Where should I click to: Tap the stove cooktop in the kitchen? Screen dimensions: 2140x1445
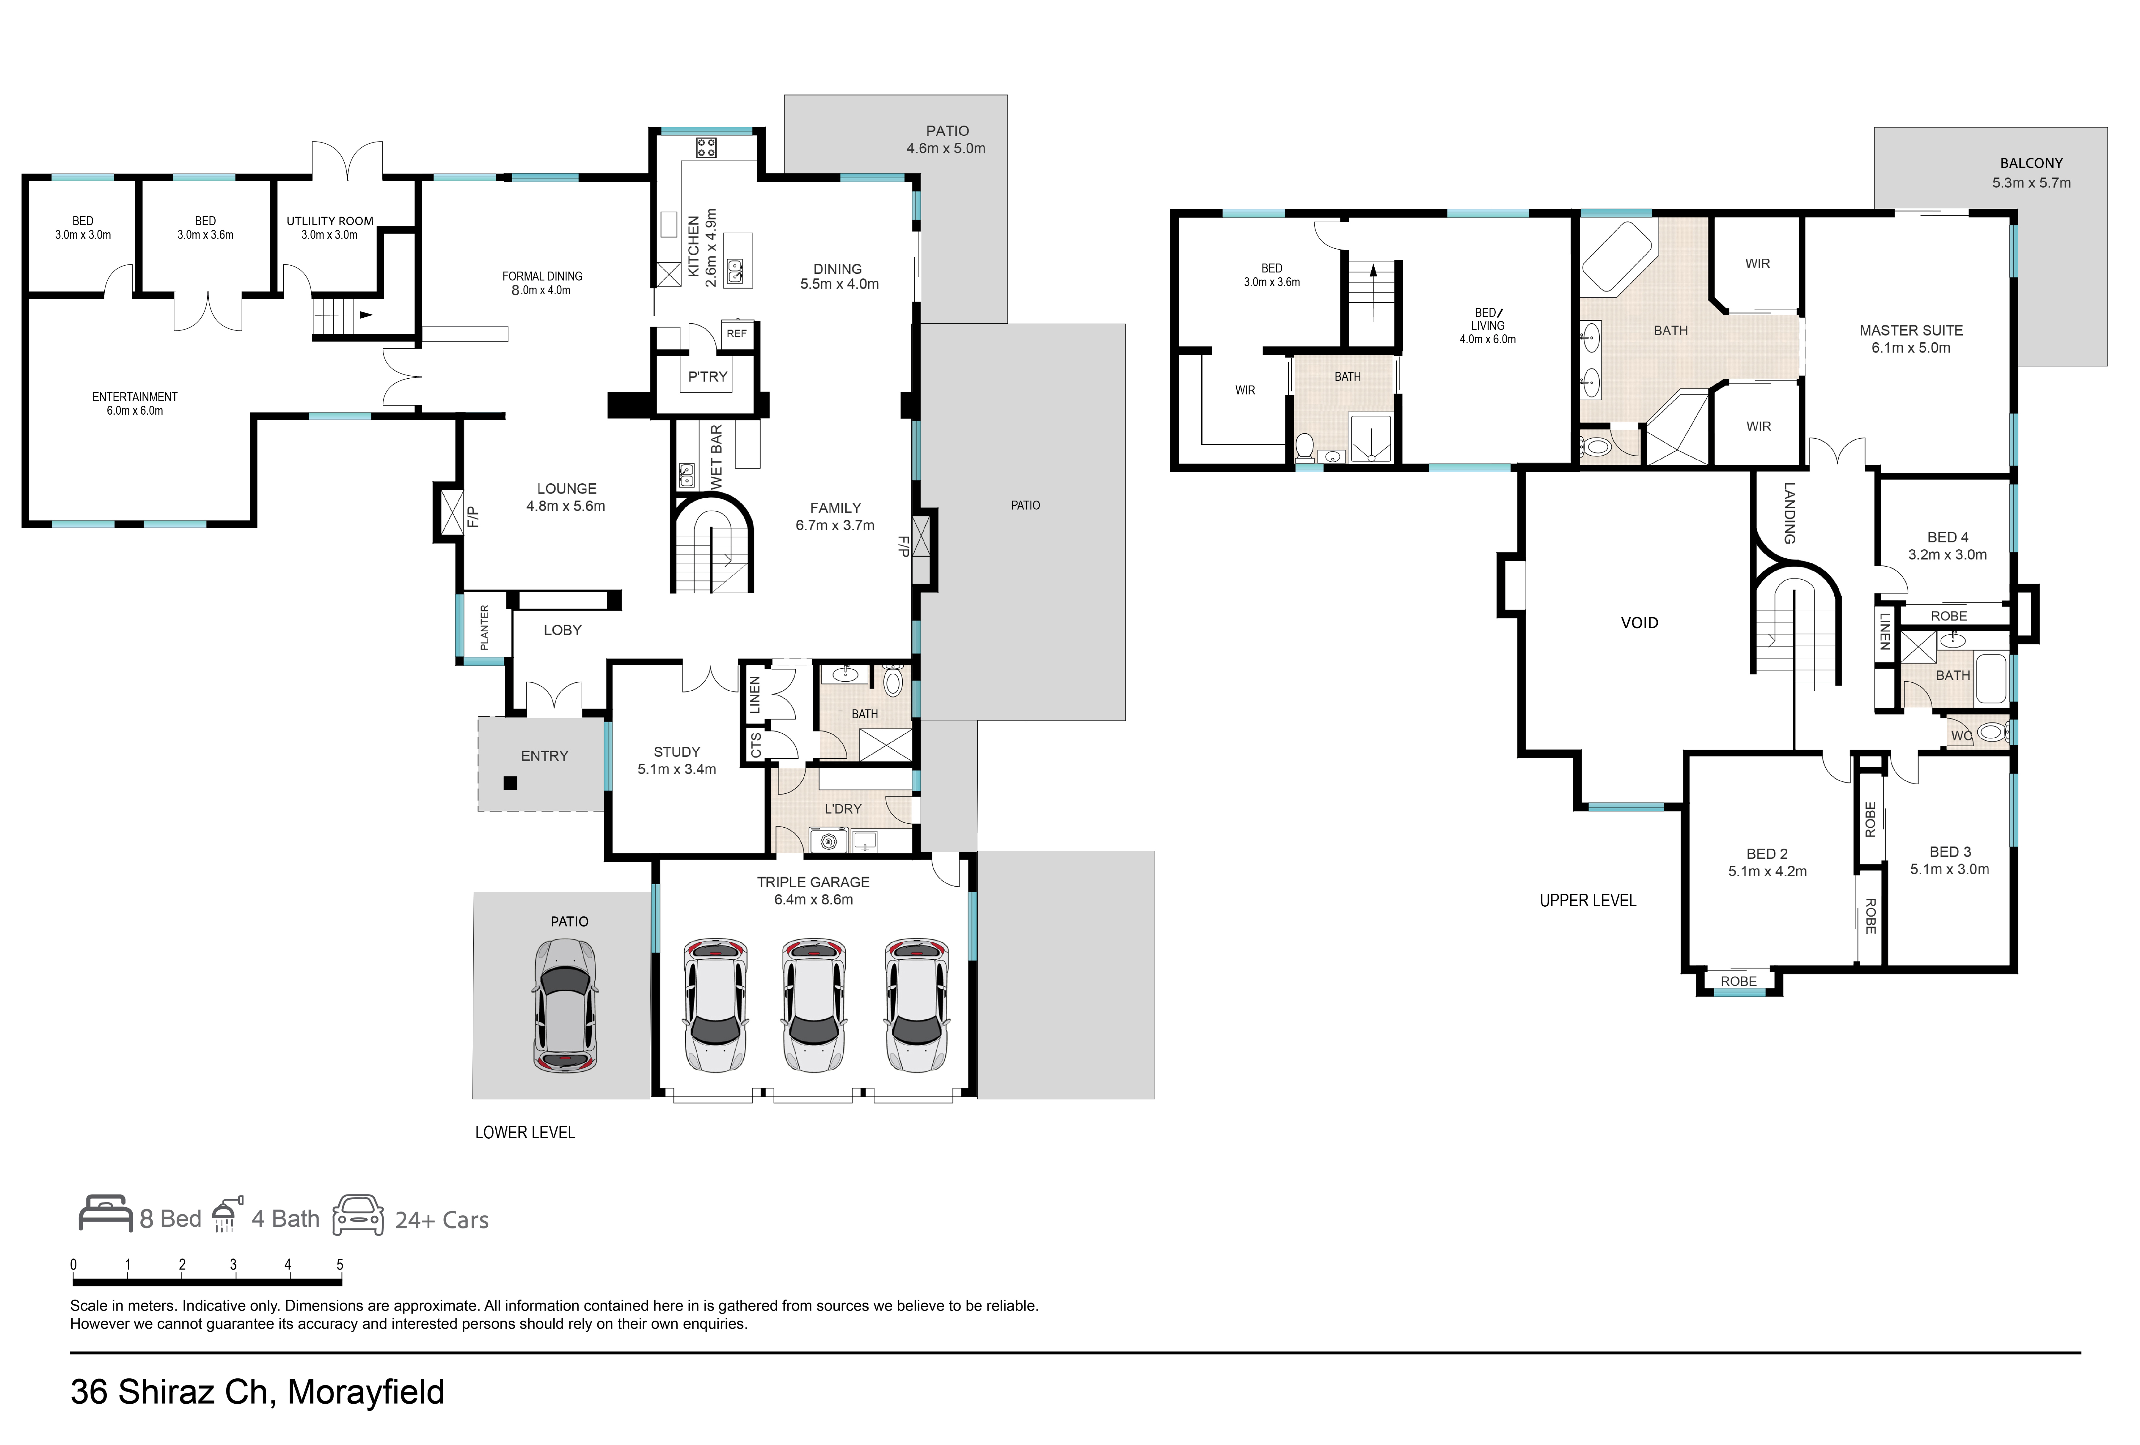[706, 147]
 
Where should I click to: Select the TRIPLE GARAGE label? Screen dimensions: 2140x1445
[813, 882]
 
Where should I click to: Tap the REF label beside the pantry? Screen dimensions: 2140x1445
[737, 333]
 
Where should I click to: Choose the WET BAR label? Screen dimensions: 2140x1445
[716, 457]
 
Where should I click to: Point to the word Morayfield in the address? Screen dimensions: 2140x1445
[365, 1391]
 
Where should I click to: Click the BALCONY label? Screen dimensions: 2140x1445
[2031, 163]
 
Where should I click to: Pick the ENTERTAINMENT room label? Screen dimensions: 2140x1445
[134, 397]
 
